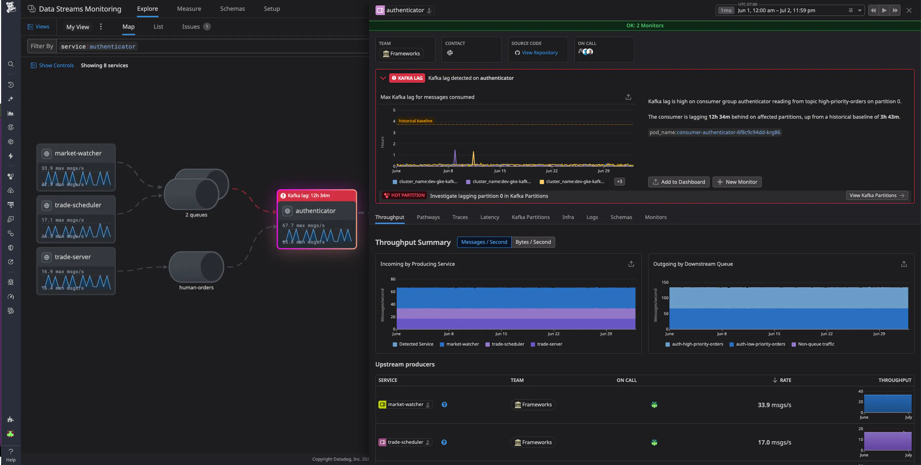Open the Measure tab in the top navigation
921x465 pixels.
189,9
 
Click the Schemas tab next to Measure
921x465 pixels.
232,9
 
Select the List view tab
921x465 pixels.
158,27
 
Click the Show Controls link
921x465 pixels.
56,65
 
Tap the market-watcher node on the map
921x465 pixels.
78,154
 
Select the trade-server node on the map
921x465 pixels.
73,257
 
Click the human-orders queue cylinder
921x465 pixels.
196,267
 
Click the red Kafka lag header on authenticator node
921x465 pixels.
316,196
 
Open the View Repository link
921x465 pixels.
539,53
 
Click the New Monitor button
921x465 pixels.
737,182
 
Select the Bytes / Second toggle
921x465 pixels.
533,242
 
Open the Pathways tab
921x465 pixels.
428,217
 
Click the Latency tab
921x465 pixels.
489,217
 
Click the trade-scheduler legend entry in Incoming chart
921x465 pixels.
508,344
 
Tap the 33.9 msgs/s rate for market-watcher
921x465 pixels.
774,405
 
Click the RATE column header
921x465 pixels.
785,380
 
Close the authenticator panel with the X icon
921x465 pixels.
909,10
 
